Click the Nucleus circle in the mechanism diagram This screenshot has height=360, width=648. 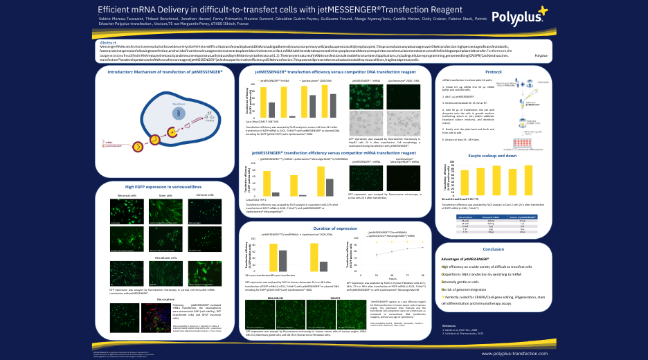click(179, 113)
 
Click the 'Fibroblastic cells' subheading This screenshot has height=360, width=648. click(161, 258)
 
